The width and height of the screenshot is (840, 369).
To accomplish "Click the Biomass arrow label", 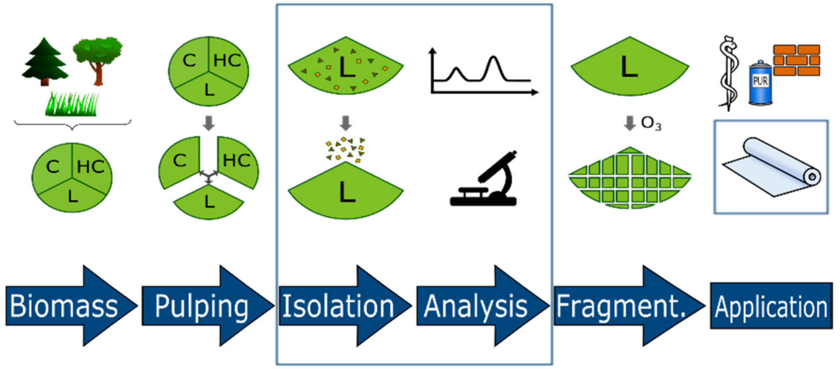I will [64, 306].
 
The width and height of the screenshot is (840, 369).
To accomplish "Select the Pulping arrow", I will [202, 306].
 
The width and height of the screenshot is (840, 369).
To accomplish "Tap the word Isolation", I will [338, 306].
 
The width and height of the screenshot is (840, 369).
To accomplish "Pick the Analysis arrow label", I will [475, 306].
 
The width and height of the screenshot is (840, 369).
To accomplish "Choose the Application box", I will [771, 306].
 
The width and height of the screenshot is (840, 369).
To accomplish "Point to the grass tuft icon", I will [72, 104].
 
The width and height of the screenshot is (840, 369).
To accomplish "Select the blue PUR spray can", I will [760, 83].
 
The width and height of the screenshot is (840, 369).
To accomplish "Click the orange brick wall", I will [796, 60].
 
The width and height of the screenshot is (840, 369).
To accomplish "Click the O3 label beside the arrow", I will [651, 123].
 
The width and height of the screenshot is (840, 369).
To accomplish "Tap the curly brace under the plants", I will [73, 125].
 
